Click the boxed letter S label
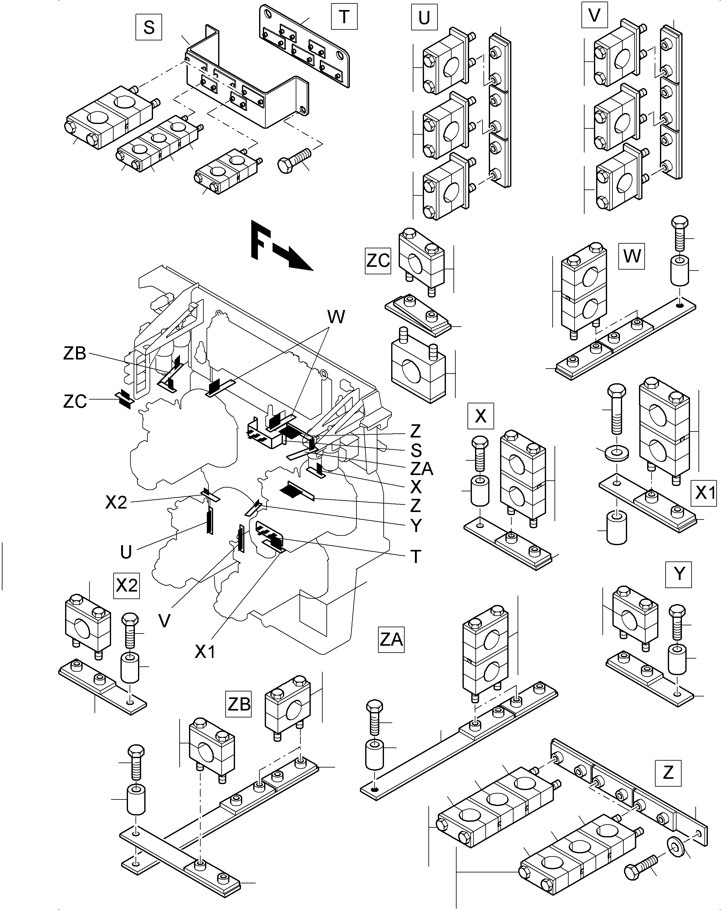[149, 28]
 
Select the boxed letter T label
[344, 17]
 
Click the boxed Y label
[678, 574]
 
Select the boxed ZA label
[391, 640]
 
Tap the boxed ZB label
[239, 704]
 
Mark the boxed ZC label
[378, 261]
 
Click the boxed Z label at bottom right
[668, 773]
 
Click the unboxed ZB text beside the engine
[75, 353]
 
